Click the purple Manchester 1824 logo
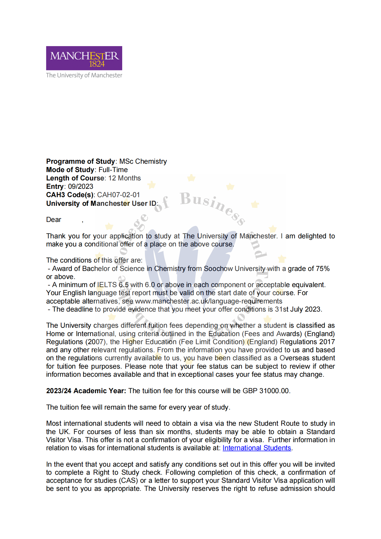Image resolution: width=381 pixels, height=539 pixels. (x=84, y=58)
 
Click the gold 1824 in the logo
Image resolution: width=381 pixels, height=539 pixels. (x=97, y=64)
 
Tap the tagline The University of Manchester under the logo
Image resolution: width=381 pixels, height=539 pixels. (x=84, y=75)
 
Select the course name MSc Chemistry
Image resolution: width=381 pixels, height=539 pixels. (x=143, y=161)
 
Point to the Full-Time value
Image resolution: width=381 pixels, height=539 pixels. (x=113, y=170)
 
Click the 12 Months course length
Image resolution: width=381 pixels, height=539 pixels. (x=125, y=178)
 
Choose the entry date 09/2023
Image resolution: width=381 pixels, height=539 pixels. (x=81, y=186)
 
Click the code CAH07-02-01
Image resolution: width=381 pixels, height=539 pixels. (x=118, y=195)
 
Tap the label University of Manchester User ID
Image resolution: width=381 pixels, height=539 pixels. (x=101, y=203)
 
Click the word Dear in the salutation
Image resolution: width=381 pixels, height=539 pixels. (x=54, y=220)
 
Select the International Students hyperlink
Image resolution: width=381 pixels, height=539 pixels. (x=257, y=448)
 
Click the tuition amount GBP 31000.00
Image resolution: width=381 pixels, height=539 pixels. (x=265, y=391)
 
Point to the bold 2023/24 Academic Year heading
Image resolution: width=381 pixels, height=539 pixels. (x=86, y=391)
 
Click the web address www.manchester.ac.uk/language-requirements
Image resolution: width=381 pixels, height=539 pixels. (x=209, y=301)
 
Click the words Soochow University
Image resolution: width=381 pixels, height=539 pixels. (x=234, y=269)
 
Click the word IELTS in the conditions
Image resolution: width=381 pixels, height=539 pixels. (x=107, y=285)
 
